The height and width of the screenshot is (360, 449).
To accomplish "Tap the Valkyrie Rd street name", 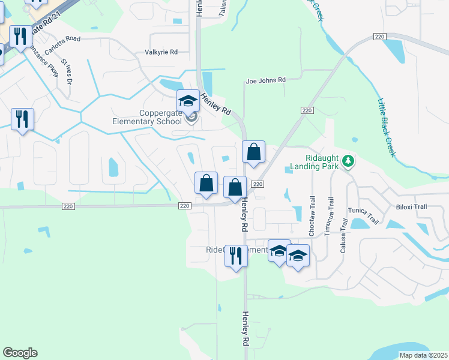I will [x=161, y=52].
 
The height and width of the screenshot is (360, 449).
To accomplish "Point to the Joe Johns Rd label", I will [x=266, y=79].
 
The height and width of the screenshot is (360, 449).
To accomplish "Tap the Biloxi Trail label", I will [x=412, y=206].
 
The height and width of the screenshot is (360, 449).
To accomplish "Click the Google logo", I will [x=20, y=353].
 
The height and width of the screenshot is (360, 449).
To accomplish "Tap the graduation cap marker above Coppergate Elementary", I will [x=188, y=100].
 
